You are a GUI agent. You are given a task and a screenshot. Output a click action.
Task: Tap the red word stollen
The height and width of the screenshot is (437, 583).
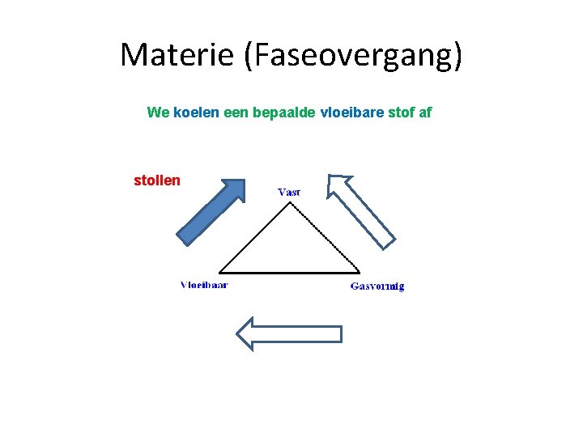click(x=157, y=180)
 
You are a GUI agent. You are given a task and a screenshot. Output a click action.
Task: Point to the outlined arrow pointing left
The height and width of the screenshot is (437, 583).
click(x=288, y=333)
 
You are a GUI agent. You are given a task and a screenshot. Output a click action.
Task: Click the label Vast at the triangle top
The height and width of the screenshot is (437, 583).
click(x=289, y=192)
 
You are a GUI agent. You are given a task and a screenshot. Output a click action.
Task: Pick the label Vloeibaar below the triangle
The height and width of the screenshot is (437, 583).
click(x=204, y=285)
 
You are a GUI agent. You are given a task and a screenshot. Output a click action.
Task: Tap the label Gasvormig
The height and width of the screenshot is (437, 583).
click(x=377, y=286)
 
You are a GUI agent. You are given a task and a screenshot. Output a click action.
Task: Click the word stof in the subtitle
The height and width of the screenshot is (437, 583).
click(x=398, y=112)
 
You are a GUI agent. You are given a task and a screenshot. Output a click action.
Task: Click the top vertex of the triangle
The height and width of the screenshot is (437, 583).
click(x=291, y=203)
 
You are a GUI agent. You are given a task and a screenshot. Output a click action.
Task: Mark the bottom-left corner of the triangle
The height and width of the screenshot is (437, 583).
click(x=220, y=272)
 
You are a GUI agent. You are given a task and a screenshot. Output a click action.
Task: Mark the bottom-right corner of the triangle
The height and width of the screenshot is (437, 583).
click(x=360, y=272)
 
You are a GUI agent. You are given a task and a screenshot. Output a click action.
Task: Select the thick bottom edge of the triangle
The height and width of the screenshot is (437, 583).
click(x=290, y=272)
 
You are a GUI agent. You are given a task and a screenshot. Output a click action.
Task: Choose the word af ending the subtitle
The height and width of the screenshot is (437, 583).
click(x=425, y=112)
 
